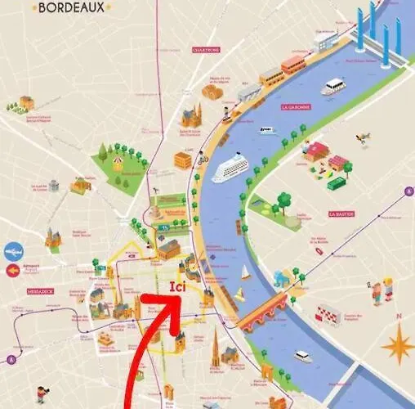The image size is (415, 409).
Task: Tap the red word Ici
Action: coord(179,288)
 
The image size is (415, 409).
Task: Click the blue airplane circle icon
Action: coord(14,251)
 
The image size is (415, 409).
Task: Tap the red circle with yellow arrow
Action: coord(12,271)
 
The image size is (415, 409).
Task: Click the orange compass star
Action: coord(397,343)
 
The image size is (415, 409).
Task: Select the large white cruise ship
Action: coord(230,169)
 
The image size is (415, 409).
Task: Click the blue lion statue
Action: coord(281,281)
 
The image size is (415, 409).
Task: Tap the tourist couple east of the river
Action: coord(382,288)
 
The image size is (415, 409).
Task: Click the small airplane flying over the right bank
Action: coord(360,141)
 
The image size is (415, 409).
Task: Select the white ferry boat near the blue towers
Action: coord(332,86)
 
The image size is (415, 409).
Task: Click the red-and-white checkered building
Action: coord(328,313)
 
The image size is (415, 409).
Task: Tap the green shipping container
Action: coord(336,183)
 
